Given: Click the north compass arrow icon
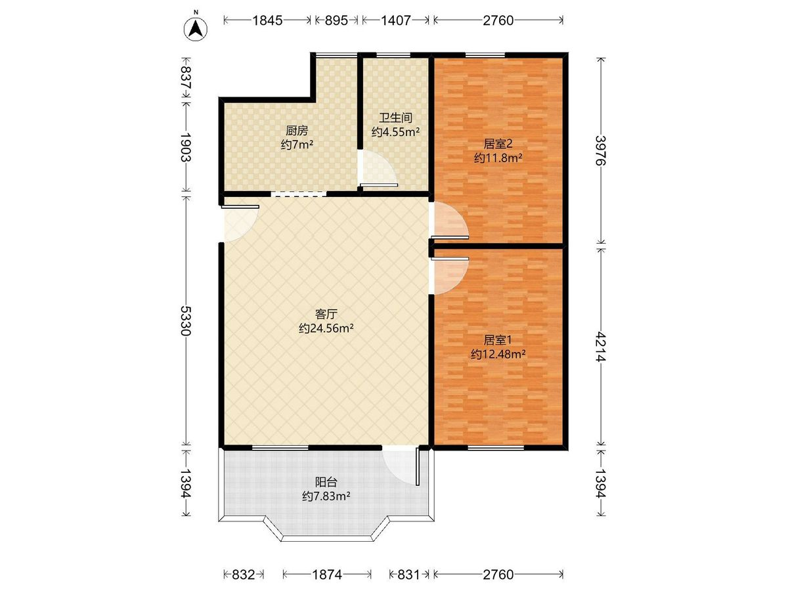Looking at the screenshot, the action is [196, 28].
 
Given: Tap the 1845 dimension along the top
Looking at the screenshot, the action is [267, 20].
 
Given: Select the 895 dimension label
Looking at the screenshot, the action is [336, 20].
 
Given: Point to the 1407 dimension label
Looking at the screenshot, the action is [395, 20].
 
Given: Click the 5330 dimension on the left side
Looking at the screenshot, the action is [186, 320].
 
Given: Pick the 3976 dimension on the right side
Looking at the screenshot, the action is [600, 150].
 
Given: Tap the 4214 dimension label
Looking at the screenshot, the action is [600, 347].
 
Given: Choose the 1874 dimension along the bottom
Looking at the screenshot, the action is [326, 575].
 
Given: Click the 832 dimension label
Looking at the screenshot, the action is [244, 575].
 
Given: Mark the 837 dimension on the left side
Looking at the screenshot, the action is [186, 78].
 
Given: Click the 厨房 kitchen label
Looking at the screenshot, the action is [297, 130].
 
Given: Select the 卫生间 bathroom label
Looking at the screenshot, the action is [395, 118].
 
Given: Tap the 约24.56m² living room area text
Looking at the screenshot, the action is [326, 328].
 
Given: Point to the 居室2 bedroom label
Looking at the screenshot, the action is [498, 144].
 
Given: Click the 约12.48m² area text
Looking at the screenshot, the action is [498, 354].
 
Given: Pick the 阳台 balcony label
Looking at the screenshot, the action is [326, 482].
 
